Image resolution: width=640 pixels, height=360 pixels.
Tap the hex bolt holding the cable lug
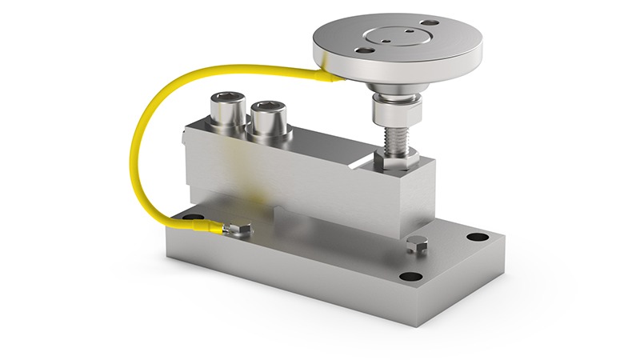pos(238,230)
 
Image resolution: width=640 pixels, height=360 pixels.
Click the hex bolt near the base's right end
pos(413,245)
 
